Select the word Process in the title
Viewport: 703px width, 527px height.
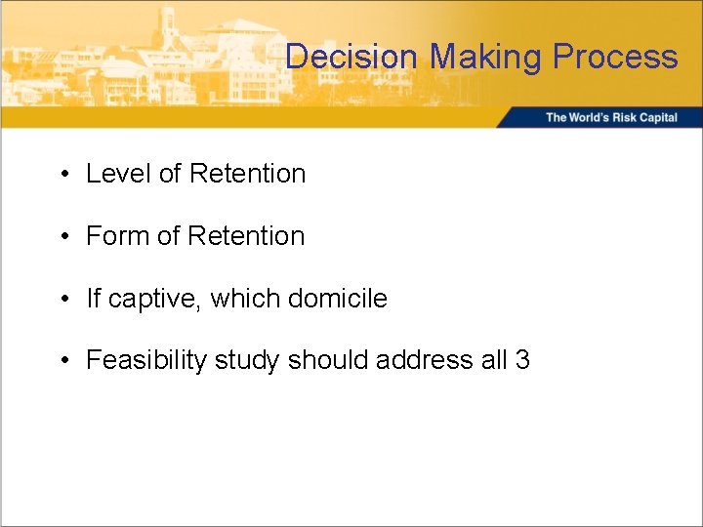(615, 57)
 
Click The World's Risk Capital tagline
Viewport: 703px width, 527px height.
(611, 117)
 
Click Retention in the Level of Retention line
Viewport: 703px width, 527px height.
(247, 174)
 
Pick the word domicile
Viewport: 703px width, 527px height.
(338, 299)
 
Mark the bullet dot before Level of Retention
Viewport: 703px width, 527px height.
(62, 175)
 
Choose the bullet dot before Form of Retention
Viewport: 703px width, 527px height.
(62, 237)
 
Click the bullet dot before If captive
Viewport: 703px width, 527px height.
(62, 300)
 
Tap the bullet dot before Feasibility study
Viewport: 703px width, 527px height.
(62, 362)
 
